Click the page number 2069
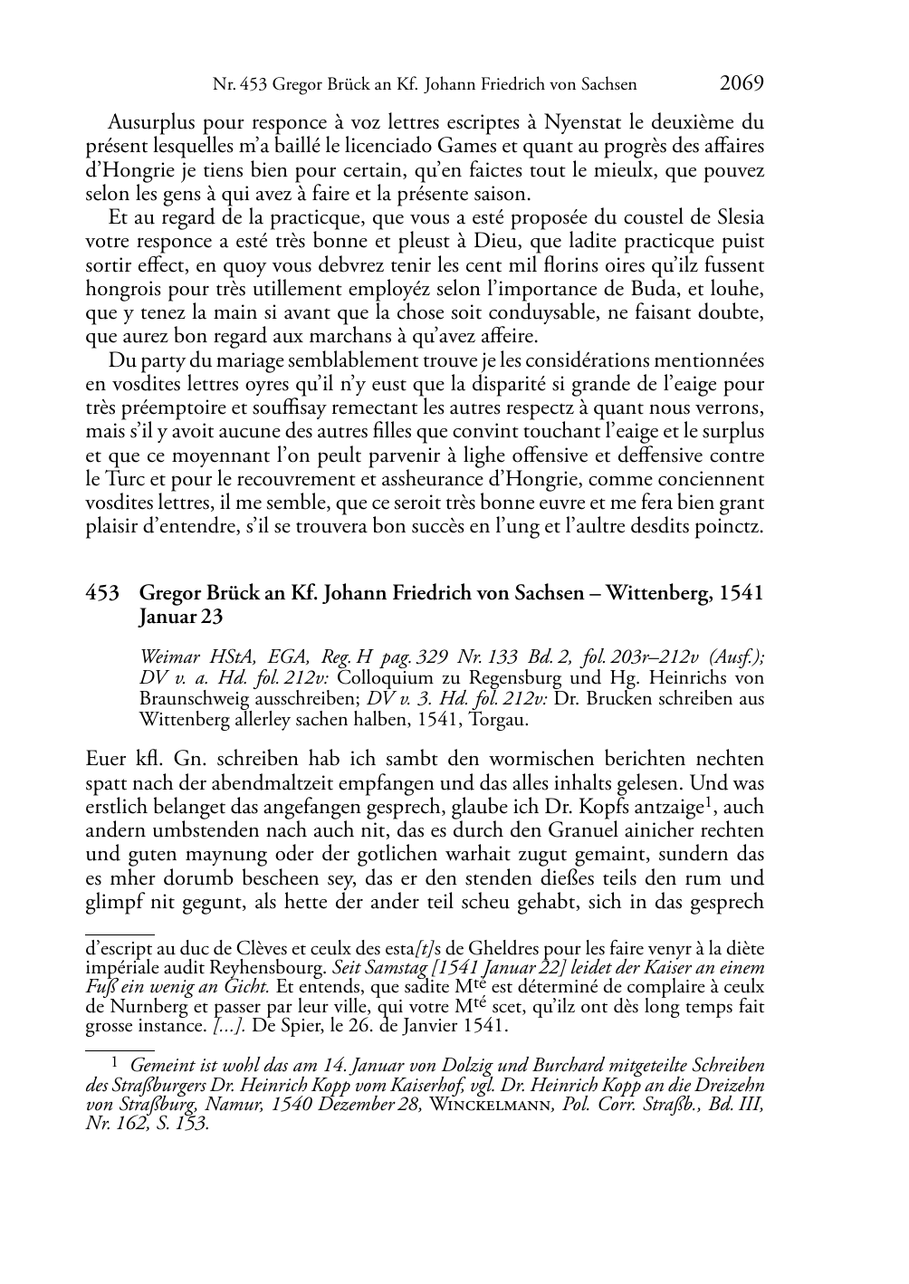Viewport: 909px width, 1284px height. pos(742,83)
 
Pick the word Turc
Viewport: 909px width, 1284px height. pos(127,480)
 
